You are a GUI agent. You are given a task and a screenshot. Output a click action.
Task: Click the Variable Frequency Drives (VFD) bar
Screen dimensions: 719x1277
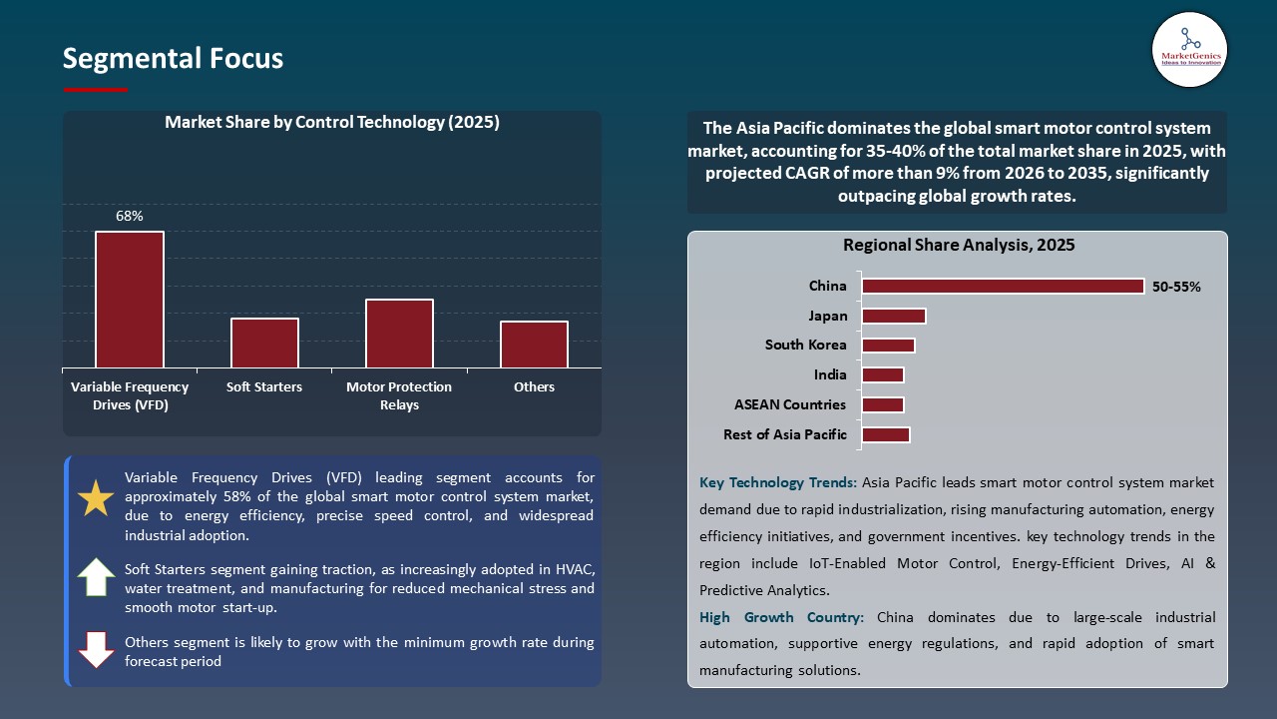coord(130,300)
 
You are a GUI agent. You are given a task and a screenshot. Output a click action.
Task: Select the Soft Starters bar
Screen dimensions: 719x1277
coord(264,343)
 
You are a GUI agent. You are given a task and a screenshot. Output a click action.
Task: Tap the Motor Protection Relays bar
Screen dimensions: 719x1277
coord(399,334)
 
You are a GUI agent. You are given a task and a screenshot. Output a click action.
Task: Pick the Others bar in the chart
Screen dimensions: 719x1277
coord(534,345)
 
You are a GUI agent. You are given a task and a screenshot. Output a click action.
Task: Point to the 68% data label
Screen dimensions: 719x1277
coord(130,216)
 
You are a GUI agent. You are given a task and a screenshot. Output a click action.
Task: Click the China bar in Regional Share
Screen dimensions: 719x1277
coord(1003,287)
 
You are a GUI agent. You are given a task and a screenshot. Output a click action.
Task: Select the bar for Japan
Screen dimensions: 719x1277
coord(894,317)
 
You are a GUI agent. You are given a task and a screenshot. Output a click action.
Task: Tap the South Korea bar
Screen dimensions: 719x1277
coord(888,346)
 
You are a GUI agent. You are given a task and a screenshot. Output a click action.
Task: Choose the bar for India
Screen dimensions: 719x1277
coord(883,375)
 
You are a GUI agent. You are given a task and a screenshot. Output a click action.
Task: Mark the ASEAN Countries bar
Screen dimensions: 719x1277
coord(883,405)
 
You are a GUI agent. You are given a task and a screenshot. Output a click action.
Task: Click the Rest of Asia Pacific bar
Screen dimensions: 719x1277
coord(886,435)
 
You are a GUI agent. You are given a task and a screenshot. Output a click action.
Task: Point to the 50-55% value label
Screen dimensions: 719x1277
coord(1177,287)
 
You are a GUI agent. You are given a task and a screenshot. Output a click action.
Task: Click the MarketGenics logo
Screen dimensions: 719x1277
coord(1189,50)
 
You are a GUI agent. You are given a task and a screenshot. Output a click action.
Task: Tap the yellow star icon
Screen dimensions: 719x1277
coord(96,498)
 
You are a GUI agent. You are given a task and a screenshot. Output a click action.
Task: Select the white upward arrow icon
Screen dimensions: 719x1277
coord(96,577)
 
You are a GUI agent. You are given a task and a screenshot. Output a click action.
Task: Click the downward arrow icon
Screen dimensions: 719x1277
coord(96,649)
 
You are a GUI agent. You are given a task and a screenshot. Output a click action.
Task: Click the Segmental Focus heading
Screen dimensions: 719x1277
coord(173,59)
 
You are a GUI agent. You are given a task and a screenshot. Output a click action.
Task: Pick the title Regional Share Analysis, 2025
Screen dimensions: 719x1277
coord(959,245)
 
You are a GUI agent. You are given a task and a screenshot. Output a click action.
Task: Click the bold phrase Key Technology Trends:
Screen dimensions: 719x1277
coord(778,482)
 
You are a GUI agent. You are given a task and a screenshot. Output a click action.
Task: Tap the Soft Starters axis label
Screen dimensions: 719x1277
coord(264,387)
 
